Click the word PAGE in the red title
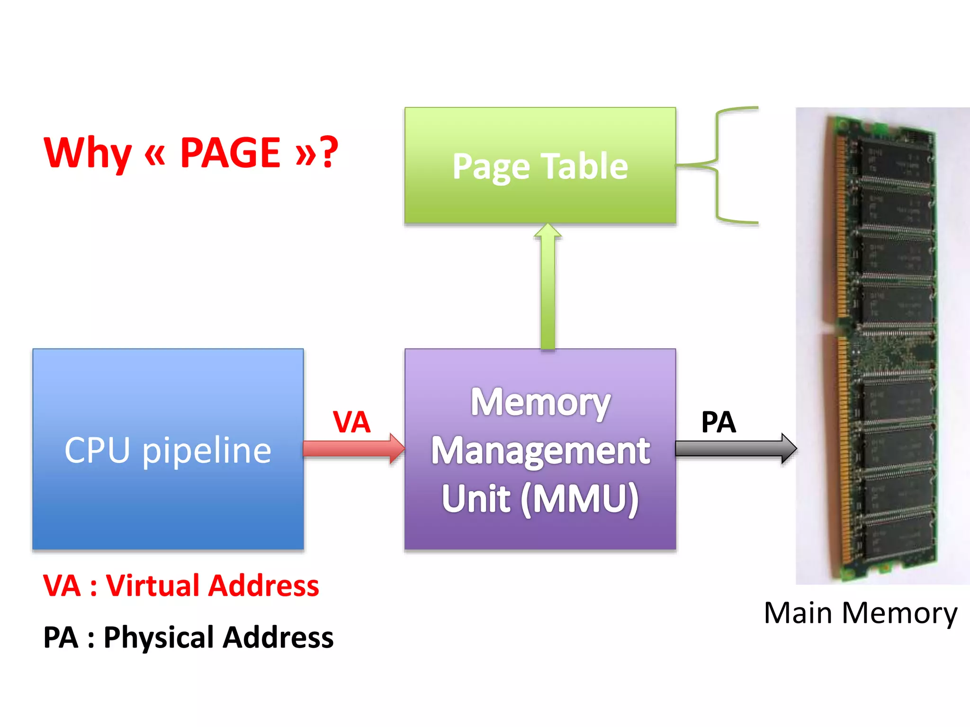click(230, 152)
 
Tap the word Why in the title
click(87, 152)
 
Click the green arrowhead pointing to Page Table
click(548, 231)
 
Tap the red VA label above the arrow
click(351, 421)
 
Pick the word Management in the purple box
click(540, 451)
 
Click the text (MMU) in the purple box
click(580, 499)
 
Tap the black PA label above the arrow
click(718, 422)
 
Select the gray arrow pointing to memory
click(734, 448)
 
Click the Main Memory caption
click(860, 613)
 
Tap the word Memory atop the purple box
click(540, 402)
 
